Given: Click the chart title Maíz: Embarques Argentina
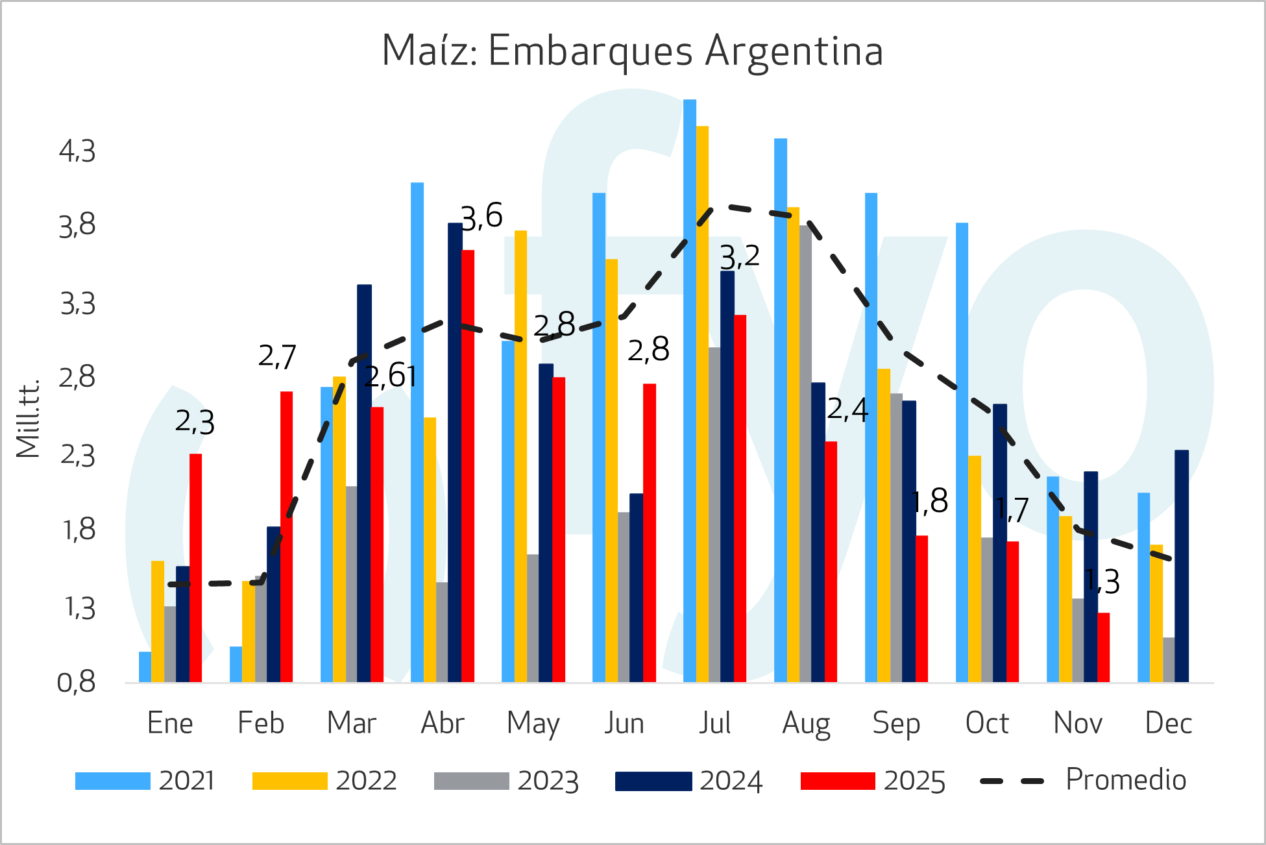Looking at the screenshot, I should tap(632, 51).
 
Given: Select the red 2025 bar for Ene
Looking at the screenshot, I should tap(195, 568).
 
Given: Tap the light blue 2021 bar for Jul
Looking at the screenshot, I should tap(689, 389).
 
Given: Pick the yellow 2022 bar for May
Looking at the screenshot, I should tap(520, 454).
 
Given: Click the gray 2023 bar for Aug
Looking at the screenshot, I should tap(805, 454).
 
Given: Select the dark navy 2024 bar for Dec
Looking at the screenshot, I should tap(1181, 565).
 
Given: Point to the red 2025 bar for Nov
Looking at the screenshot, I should tap(1103, 647).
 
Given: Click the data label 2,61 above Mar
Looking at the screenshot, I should tap(390, 376).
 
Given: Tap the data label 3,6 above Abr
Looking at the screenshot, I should tap(481, 216).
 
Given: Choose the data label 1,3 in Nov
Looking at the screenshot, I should tap(1102, 582).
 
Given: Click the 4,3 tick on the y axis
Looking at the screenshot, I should tap(77, 152).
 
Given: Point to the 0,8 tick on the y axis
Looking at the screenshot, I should tap(77, 683).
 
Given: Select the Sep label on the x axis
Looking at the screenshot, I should tap(896, 724).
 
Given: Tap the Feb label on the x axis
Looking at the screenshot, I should tap(261, 724).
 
